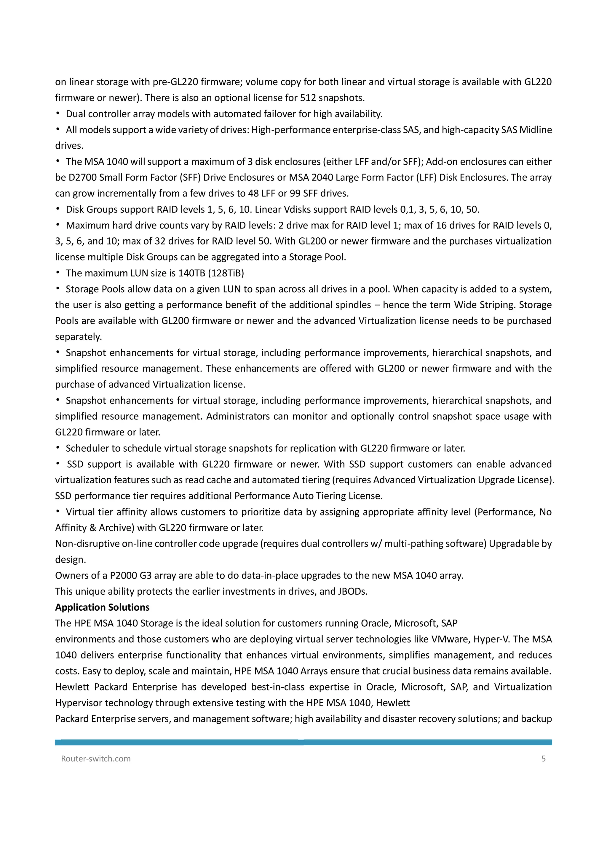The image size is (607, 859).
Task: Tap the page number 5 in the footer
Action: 544,759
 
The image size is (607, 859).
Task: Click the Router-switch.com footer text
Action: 96,759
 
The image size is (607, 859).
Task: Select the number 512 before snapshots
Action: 308,98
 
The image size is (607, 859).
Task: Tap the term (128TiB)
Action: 226,273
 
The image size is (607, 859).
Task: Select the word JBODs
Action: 352,591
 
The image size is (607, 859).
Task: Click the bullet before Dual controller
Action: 58,114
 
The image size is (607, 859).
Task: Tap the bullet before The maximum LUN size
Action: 58,273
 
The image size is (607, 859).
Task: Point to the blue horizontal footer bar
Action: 303,742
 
